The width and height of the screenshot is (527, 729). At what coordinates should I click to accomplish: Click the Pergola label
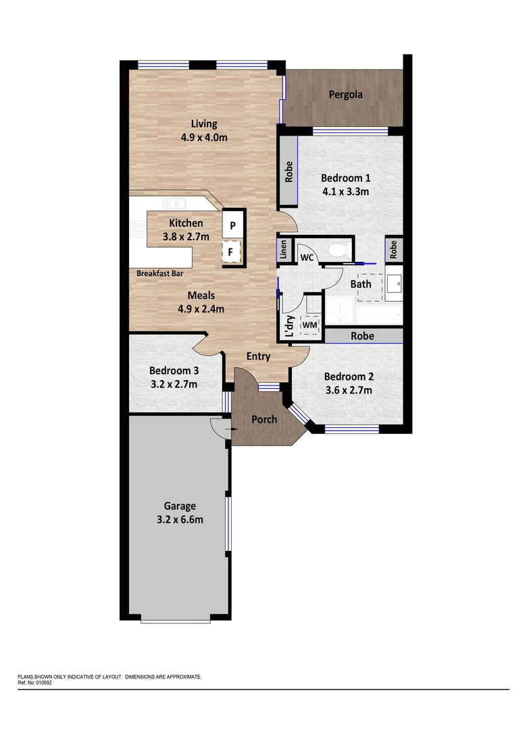[x=345, y=94]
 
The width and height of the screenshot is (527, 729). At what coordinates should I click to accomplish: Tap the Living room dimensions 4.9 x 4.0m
[x=203, y=137]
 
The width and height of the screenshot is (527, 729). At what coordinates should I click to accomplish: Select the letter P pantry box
[x=232, y=225]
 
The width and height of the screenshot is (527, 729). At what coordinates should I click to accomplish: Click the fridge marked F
[x=231, y=252]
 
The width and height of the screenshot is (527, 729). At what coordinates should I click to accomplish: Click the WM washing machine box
[x=310, y=325]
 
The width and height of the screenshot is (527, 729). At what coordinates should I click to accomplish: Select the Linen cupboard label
[x=284, y=250]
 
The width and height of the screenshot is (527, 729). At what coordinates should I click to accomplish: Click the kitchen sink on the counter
[x=174, y=202]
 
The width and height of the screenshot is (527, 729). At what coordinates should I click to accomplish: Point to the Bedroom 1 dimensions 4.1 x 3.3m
[x=345, y=192]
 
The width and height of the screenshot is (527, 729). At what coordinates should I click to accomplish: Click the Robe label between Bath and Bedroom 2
[x=362, y=335]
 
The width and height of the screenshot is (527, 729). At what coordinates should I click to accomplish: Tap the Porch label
[x=264, y=419]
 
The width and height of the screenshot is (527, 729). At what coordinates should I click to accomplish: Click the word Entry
[x=258, y=356]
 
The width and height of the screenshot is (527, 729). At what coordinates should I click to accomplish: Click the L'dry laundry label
[x=288, y=327]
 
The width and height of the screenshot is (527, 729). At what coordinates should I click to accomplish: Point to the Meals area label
[x=201, y=296]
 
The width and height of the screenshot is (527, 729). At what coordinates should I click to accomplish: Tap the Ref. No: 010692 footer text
[x=35, y=682]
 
